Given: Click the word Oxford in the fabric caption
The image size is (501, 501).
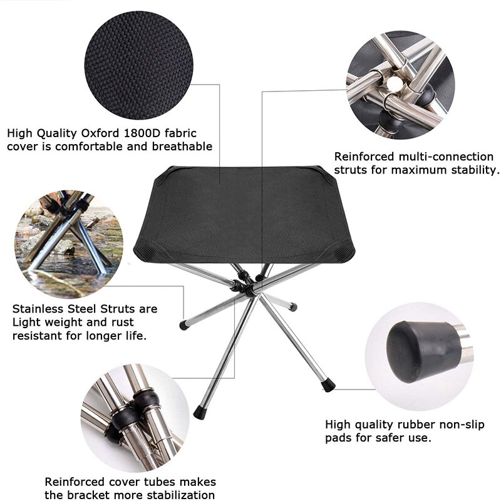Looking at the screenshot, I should (103, 133).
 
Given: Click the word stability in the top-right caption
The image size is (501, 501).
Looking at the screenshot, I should (474, 170).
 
